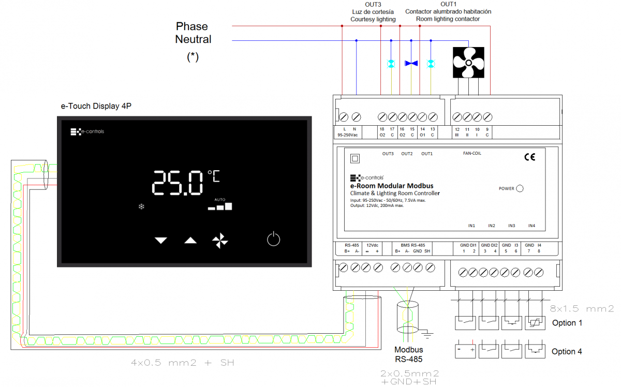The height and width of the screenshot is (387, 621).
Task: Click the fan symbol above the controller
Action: tap(468, 63)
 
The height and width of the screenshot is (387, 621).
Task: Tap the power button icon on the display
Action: tap(273, 239)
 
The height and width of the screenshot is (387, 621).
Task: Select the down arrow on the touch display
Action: tap(161, 240)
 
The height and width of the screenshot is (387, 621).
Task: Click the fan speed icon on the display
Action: tap(220, 240)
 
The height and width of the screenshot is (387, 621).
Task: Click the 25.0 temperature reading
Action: tap(178, 183)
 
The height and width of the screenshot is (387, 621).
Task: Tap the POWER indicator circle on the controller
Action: tap(520, 189)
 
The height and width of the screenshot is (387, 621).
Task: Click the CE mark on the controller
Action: tap(529, 157)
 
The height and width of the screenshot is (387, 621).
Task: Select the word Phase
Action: tap(192, 26)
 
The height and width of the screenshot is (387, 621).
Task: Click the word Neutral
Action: tap(193, 39)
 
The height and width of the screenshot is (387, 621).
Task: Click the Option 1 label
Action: tap(567, 323)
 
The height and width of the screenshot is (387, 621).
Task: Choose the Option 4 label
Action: tap(567, 352)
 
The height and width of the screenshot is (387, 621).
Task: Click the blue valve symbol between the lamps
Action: tap(411, 63)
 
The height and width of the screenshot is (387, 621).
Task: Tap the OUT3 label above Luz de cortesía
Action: tap(373, 4)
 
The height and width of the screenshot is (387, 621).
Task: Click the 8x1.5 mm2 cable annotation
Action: tap(582, 309)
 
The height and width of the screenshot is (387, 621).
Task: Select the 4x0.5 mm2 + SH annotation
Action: tap(183, 363)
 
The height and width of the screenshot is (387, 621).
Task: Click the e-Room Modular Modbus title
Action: tap(392, 186)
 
